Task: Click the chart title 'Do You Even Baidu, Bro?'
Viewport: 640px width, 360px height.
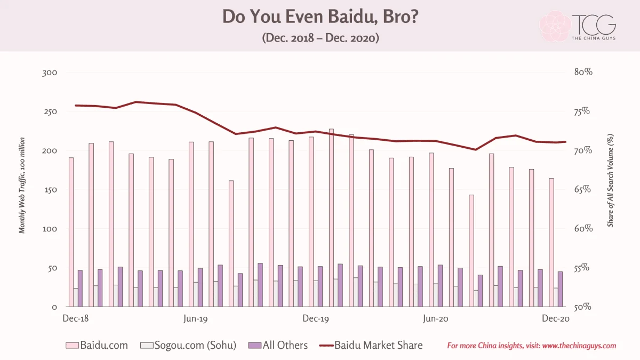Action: (321, 17)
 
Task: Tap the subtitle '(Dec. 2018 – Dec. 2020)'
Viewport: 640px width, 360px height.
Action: (321, 38)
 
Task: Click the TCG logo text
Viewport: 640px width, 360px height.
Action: (594, 25)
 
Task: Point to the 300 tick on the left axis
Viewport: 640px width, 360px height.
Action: (50, 73)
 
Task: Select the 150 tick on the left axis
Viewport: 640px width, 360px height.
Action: (51, 190)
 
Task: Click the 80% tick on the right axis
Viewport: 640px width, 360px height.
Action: (583, 72)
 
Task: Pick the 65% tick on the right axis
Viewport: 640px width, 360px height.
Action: (582, 189)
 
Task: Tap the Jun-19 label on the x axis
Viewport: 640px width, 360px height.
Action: (195, 318)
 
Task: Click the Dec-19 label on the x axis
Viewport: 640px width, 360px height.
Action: (316, 318)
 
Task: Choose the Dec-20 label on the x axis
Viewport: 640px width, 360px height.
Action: (556, 318)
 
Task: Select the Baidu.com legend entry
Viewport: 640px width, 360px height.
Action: (97, 346)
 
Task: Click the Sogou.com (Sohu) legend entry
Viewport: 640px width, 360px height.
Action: (188, 346)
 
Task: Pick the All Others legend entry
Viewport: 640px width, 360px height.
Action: (278, 346)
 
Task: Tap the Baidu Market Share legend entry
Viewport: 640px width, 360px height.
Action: (371, 346)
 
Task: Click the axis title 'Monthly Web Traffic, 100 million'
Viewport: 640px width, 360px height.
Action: (22, 186)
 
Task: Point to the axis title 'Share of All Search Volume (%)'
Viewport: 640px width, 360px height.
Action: (610, 180)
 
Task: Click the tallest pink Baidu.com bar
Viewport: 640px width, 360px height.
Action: (331, 218)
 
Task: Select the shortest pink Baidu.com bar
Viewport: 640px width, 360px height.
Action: (471, 251)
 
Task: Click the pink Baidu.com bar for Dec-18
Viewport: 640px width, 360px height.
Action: (71, 233)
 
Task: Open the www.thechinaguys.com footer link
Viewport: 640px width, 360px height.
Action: (579, 346)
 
